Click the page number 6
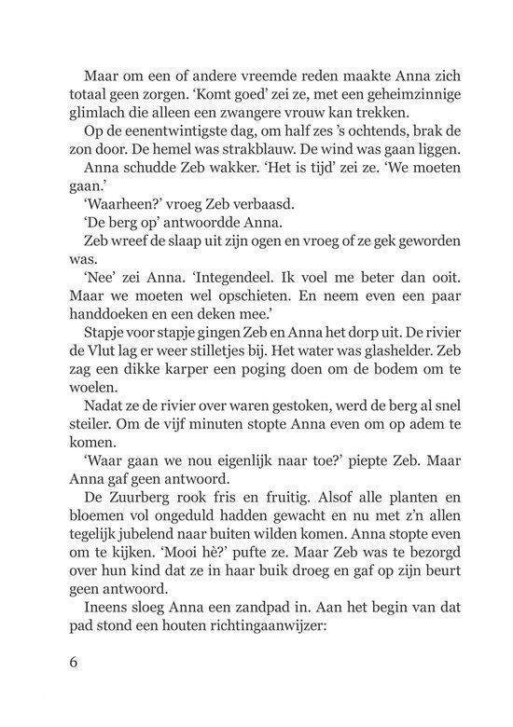click(x=74, y=665)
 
